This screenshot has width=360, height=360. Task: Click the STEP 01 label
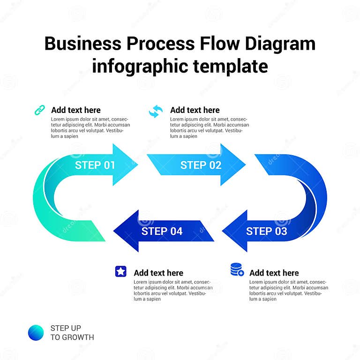click(95, 165)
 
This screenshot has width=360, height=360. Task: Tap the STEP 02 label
click(201, 165)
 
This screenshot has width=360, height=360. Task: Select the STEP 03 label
click(266, 231)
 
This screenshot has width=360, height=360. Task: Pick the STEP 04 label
click(162, 231)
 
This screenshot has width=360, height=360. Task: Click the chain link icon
click(40, 110)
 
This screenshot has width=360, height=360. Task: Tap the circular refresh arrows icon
click(156, 111)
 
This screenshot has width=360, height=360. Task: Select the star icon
click(121, 271)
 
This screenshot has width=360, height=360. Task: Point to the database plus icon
click(237, 270)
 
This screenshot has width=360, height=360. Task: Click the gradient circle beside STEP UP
click(36, 332)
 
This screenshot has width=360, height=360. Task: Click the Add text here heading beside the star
click(158, 273)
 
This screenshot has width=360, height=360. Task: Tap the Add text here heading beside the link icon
click(76, 110)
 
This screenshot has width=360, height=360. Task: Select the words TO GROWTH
click(72, 337)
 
